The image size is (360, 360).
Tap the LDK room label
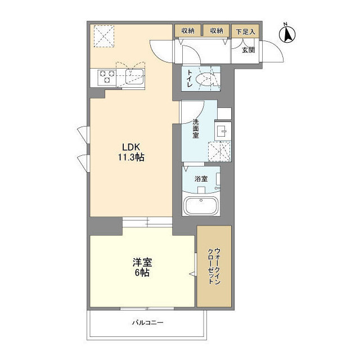[x=131, y=147]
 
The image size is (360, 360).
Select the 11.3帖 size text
[x=131, y=157]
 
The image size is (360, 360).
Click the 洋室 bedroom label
[x=142, y=262]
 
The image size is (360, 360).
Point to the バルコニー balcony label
[x=147, y=322]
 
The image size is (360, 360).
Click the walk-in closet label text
[x=214, y=266]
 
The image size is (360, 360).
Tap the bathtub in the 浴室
[x=201, y=206]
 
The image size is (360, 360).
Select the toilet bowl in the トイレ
[x=205, y=79]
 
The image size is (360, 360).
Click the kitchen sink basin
[x=134, y=76]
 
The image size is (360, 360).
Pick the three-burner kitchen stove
[x=107, y=76]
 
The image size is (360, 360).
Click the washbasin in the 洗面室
[x=223, y=131]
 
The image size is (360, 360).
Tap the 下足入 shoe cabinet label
[x=245, y=31]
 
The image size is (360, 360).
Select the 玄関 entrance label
[x=248, y=50]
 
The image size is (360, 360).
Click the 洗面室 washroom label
[x=196, y=129]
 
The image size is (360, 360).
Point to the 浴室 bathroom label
[x=201, y=179]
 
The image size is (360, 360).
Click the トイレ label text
[x=190, y=78]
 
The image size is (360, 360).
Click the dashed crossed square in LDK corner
[x=103, y=36]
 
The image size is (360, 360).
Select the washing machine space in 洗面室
[x=219, y=151]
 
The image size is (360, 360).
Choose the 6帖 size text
[x=142, y=272]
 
